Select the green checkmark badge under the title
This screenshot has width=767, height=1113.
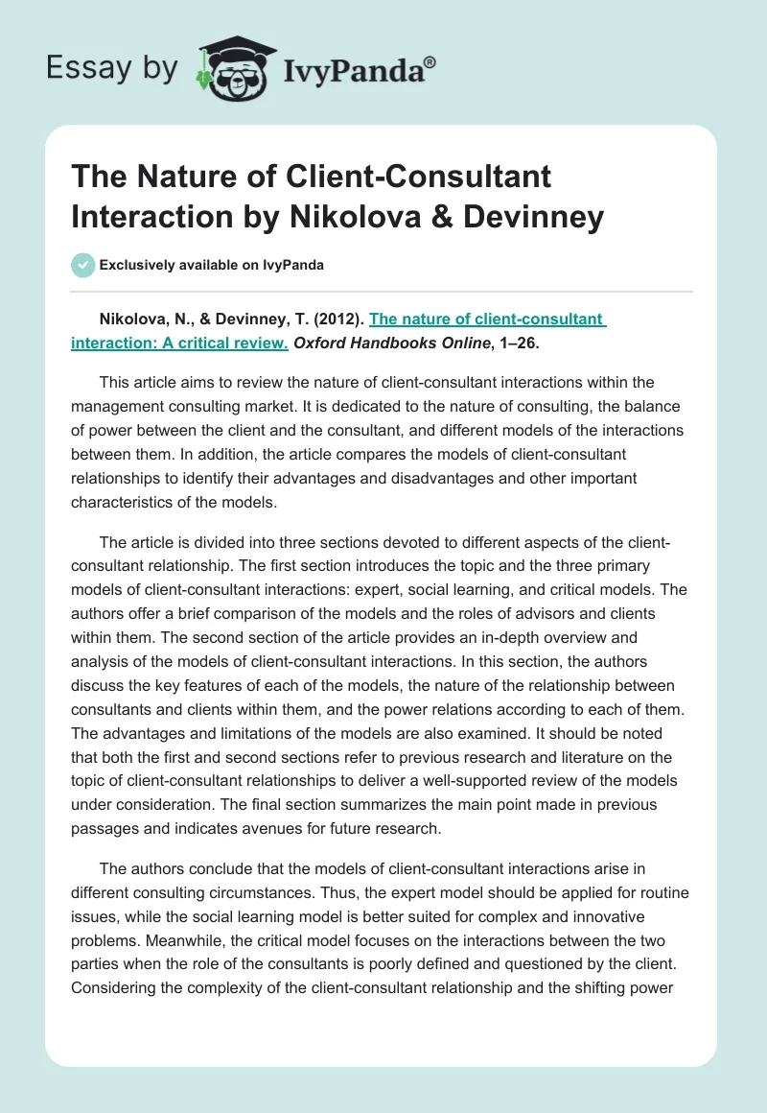(x=82, y=265)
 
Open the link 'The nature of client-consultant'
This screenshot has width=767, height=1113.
(x=487, y=319)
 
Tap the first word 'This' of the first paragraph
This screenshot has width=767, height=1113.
(x=116, y=383)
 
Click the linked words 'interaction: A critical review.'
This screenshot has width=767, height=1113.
(x=179, y=341)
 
